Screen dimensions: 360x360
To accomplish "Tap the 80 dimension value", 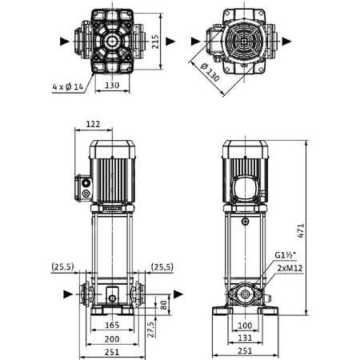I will tap(164, 305).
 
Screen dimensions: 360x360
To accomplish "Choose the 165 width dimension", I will tap(112, 326).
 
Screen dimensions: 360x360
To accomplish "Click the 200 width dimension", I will tap(112, 339).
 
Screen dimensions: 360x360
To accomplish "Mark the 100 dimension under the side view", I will tap(245, 326).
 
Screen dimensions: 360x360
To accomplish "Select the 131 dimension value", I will tap(245, 339).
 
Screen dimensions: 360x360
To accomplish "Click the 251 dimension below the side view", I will tap(245, 352).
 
